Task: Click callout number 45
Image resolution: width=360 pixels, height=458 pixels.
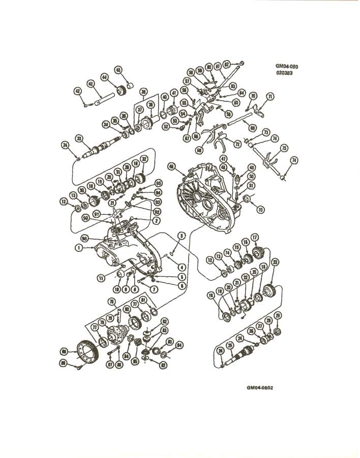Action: [x=118, y=70]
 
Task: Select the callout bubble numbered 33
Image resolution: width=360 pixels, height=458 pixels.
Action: [x=79, y=138]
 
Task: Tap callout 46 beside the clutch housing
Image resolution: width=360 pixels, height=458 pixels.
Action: [x=171, y=166]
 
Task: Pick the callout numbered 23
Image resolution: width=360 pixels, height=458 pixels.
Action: [x=275, y=263]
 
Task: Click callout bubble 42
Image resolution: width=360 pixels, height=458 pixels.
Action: [x=78, y=91]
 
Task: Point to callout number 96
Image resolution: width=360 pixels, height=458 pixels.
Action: [x=85, y=238]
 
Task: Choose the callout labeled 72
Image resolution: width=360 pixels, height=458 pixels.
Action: [x=237, y=144]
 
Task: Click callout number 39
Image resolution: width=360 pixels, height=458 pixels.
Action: [x=143, y=92]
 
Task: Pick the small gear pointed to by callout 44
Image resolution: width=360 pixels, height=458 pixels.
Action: [x=122, y=91]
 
